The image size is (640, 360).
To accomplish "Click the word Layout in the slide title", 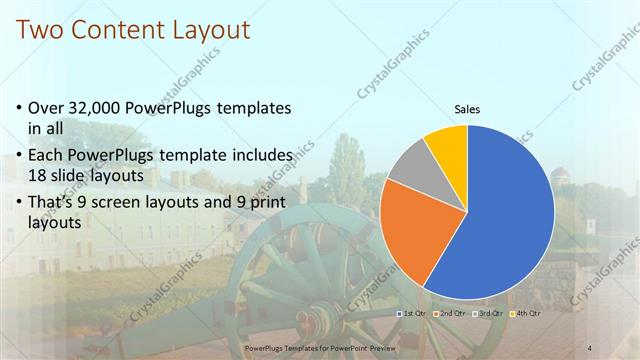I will coord(203,30).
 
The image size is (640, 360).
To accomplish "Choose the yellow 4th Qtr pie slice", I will coord(446,144).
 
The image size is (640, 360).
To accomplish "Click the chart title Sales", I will coord(467,108).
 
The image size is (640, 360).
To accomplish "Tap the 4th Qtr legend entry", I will coord(527,314).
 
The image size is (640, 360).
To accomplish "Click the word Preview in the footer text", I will coord(377,347).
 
